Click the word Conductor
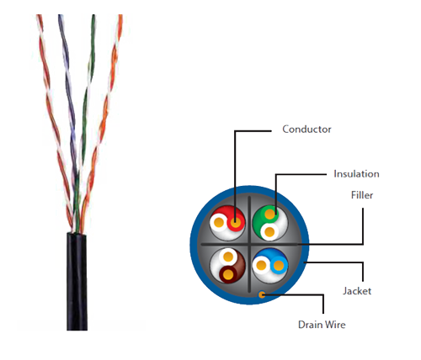pos(306,130)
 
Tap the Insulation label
pos(356,174)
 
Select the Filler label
pos(362,195)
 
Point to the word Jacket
pos(357,291)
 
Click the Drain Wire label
pos(322,325)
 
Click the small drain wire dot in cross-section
pos(262,294)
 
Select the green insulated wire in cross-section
pos(269,214)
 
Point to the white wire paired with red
pos(219,223)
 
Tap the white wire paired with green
pos(269,232)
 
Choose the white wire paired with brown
pos(228,257)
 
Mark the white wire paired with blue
pos(261,265)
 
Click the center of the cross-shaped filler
pos(249,245)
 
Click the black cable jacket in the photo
pos(77,282)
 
